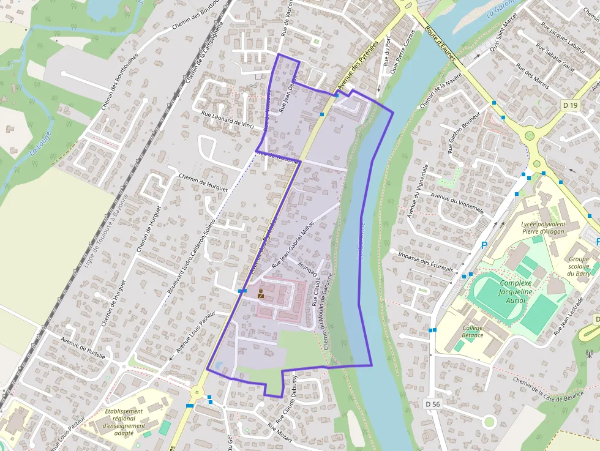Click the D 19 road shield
pyautogui.click(x=570, y=105)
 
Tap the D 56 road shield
pyautogui.click(x=433, y=404)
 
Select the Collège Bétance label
pyautogui.click(x=473, y=332)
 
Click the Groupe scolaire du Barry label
pyautogui.click(x=579, y=266)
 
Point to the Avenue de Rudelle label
pyautogui.click(x=83, y=347)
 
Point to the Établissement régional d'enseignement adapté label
pyautogui.click(x=124, y=422)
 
